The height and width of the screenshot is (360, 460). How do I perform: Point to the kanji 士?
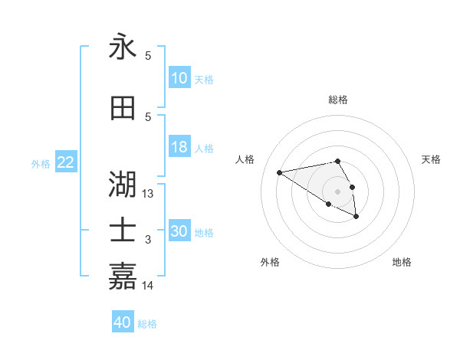coord(123,231)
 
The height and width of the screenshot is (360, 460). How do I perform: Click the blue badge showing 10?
coord(179,78)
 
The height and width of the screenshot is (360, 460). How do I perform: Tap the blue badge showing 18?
coord(179,147)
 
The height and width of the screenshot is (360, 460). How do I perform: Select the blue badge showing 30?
coord(179,231)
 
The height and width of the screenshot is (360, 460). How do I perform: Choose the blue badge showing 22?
coord(66,162)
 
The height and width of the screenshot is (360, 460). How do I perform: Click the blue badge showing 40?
coord(123,322)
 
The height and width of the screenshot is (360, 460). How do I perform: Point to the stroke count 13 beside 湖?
coord(149,194)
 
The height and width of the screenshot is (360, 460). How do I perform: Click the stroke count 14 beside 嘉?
coord(149,285)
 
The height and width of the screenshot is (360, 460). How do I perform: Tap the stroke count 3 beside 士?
coord(148,240)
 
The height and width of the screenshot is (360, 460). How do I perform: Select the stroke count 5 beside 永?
coord(148,56)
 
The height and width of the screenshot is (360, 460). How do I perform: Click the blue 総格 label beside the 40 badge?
coord(147,324)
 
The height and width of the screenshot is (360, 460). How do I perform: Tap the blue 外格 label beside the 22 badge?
coord(41,163)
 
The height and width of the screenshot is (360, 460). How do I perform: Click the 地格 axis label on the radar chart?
coord(402,262)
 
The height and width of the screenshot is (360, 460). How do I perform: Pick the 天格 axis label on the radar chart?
coord(431,159)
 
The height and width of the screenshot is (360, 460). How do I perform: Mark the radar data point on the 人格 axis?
coord(279,172)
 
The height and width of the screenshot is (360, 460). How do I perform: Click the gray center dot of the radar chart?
coord(337,191)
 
